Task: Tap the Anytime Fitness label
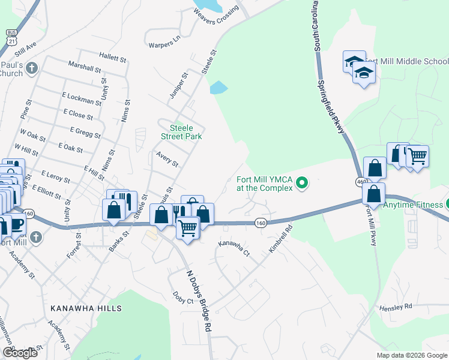tap(413, 204)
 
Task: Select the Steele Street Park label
tap(181, 132)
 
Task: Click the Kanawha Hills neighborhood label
tap(86, 308)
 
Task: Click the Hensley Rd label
tap(396, 307)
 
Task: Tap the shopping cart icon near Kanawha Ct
tap(188, 228)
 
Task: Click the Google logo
tap(20, 353)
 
